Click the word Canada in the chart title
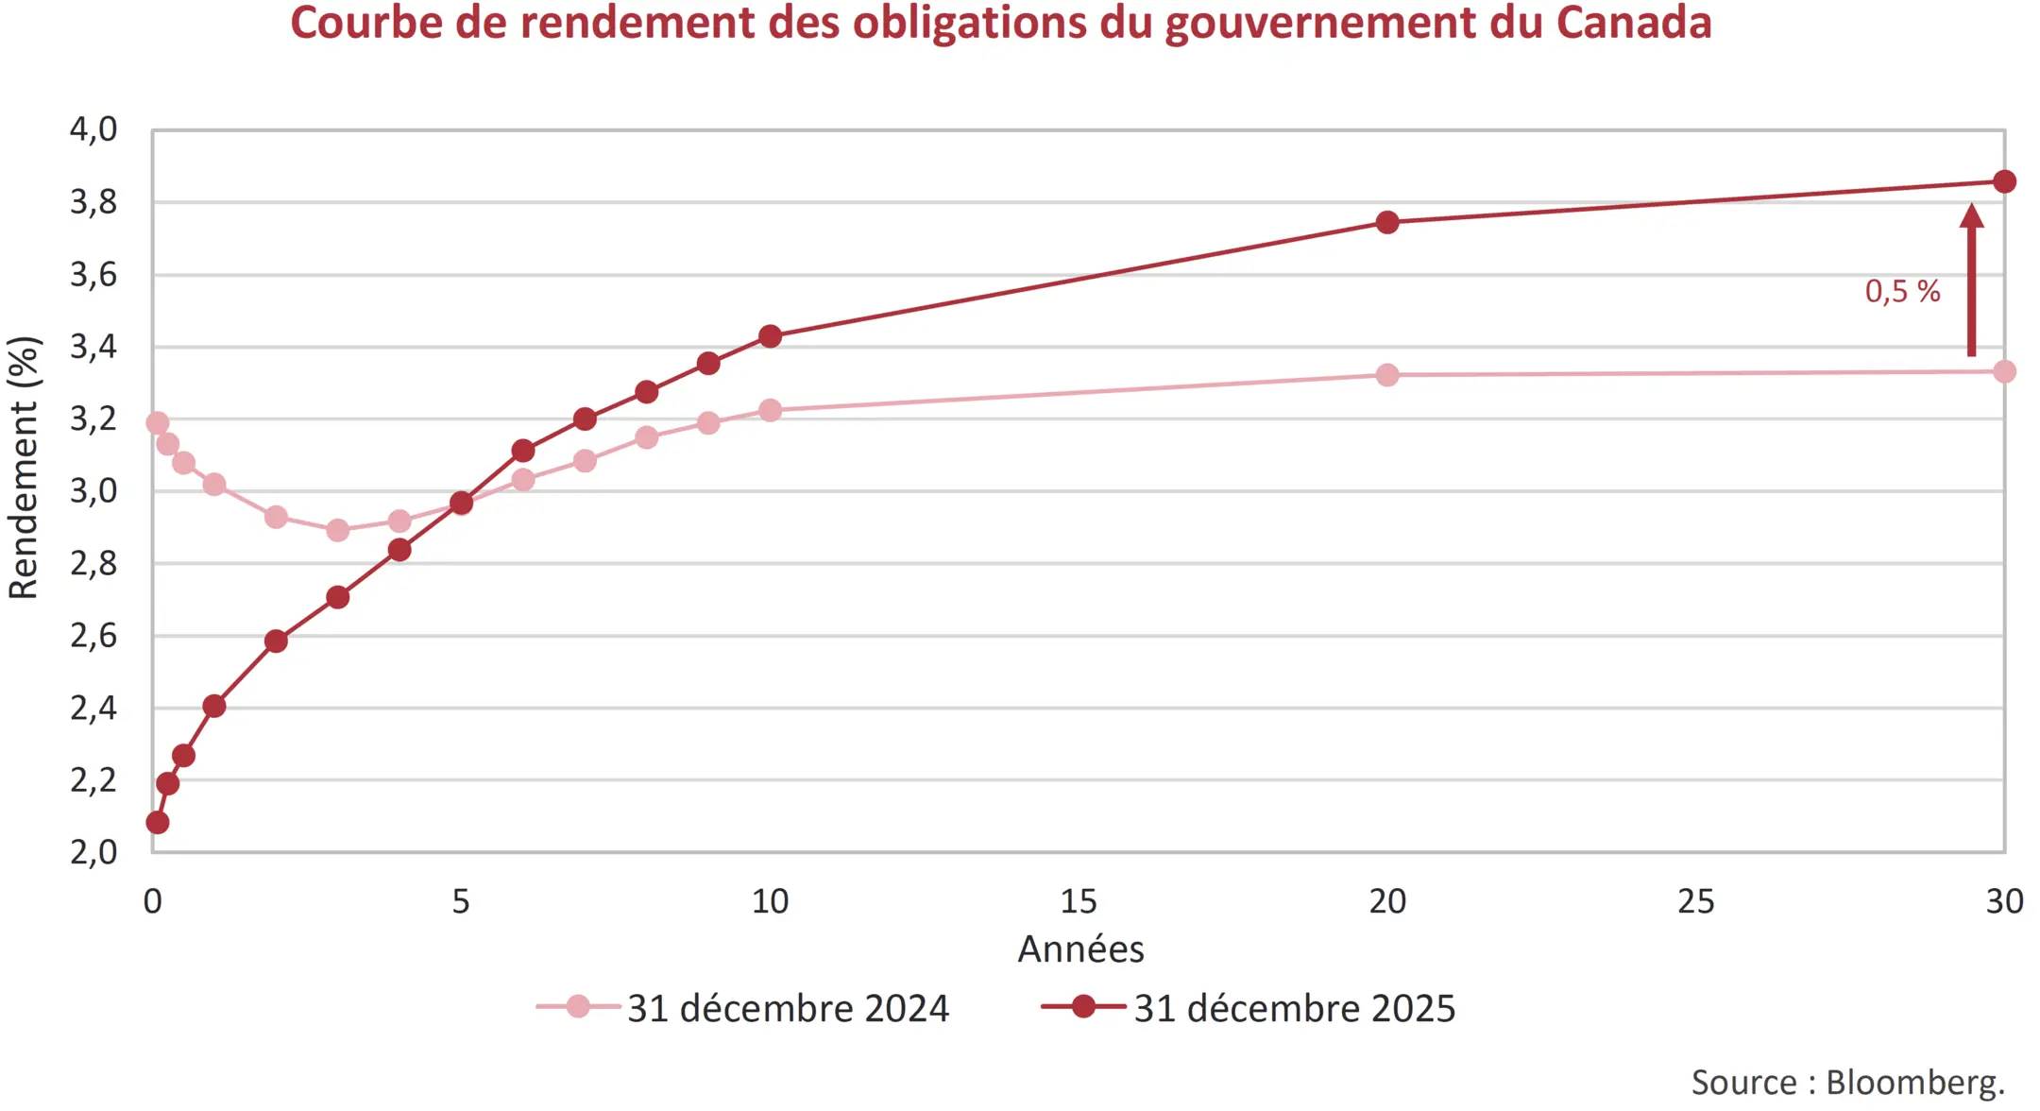pyautogui.click(x=1633, y=23)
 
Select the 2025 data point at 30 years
pyautogui.click(x=2004, y=181)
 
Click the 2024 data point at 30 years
pyautogui.click(x=2004, y=371)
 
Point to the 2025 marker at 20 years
pyautogui.click(x=1386, y=223)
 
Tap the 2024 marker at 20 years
pyautogui.click(x=1386, y=375)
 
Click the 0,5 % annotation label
pyautogui.click(x=1901, y=291)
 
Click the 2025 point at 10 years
pyautogui.click(x=770, y=336)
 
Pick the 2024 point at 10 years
pyautogui.click(x=770, y=410)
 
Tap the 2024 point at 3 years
pyautogui.click(x=337, y=530)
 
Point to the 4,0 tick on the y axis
pyautogui.click(x=93, y=129)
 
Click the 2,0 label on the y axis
pyautogui.click(x=93, y=852)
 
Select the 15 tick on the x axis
pyautogui.click(x=1078, y=901)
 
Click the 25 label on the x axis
pyautogui.click(x=1695, y=901)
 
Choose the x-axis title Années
pyautogui.click(x=1079, y=949)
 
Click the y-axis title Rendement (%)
pyautogui.click(x=24, y=468)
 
